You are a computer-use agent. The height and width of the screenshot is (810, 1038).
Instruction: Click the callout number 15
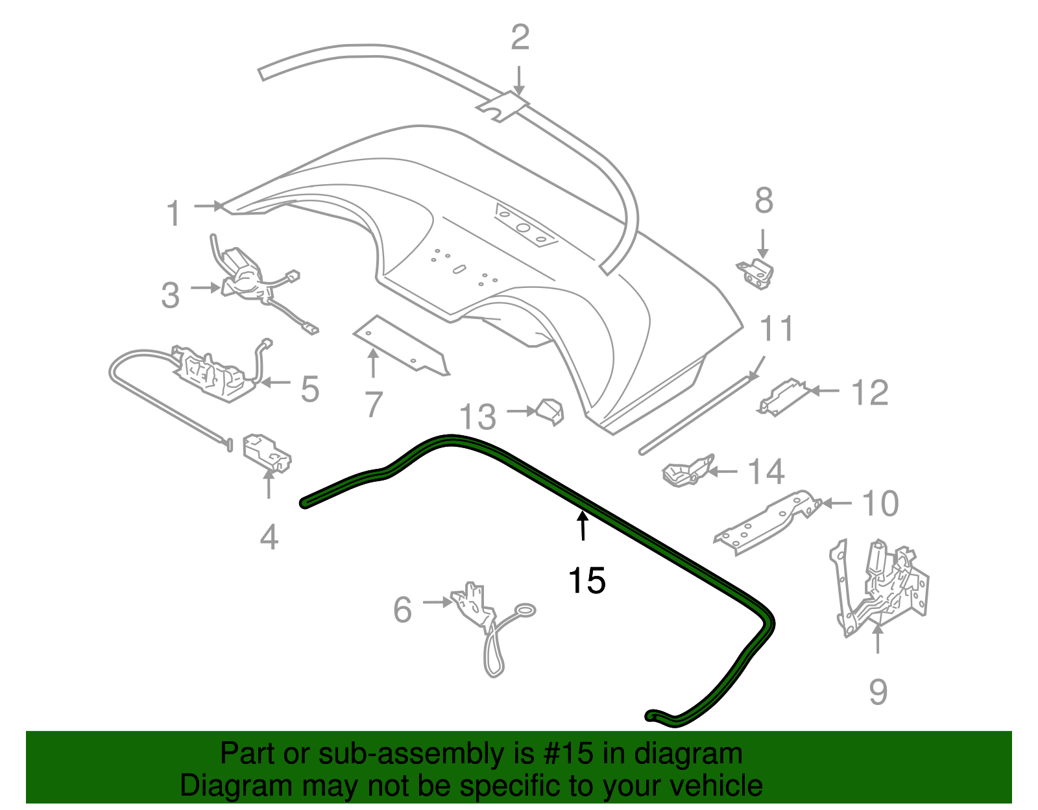tap(587, 580)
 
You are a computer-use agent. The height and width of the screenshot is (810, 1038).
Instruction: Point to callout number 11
tap(777, 328)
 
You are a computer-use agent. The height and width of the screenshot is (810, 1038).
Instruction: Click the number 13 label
tap(478, 417)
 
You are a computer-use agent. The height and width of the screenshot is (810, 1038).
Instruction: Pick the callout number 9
tap(878, 692)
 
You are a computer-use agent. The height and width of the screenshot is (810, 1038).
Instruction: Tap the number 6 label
tap(402, 610)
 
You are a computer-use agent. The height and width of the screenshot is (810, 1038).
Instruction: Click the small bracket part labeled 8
tap(755, 274)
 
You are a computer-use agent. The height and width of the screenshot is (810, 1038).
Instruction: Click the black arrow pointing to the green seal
tap(583, 525)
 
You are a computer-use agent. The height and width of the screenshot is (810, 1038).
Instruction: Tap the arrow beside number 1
tap(210, 206)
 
